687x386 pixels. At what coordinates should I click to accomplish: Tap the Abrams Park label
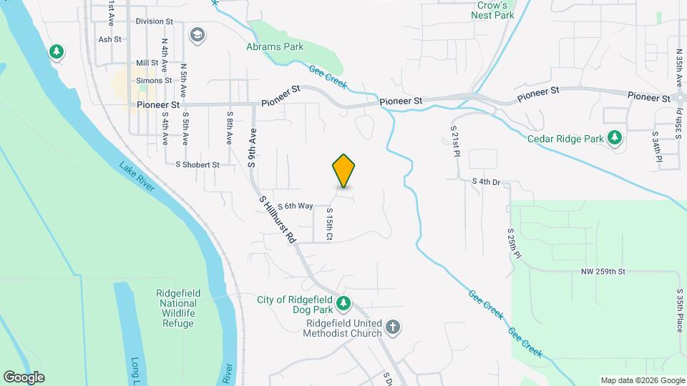click(x=275, y=47)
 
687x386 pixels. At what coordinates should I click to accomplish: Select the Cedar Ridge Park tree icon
click(x=614, y=137)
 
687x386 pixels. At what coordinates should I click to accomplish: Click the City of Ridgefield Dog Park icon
click(x=343, y=304)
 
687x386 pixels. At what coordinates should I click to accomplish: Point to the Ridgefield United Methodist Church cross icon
click(x=391, y=327)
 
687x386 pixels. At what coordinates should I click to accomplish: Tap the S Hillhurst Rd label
click(x=278, y=221)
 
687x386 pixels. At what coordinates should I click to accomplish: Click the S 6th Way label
click(x=296, y=206)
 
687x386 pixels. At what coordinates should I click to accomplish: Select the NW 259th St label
click(x=603, y=272)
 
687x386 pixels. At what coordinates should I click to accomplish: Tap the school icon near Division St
click(x=197, y=34)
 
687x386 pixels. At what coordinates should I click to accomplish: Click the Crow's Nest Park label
click(x=494, y=9)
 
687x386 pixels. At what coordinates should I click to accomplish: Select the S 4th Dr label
click(x=485, y=182)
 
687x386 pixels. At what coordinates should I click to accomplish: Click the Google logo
click(x=24, y=377)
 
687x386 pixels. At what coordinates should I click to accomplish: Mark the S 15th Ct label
click(x=330, y=224)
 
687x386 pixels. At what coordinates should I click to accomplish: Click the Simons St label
click(x=154, y=81)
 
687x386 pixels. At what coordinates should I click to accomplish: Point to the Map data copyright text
click(x=641, y=380)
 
